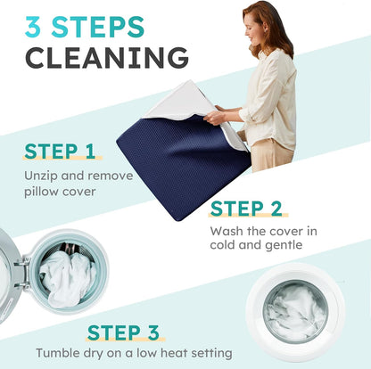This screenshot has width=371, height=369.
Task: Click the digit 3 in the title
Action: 33,27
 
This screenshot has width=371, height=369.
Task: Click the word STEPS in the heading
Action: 98,27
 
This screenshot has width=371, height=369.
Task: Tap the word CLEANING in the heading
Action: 107,57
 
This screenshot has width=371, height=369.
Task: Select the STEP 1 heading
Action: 60,152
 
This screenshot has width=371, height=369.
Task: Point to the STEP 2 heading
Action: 246,209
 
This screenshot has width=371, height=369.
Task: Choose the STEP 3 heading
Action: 123,332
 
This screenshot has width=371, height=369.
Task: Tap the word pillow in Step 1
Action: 41,192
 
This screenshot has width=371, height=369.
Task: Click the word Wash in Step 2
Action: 226,231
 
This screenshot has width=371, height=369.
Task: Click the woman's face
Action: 252,29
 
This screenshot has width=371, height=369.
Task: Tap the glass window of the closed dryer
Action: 295,311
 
